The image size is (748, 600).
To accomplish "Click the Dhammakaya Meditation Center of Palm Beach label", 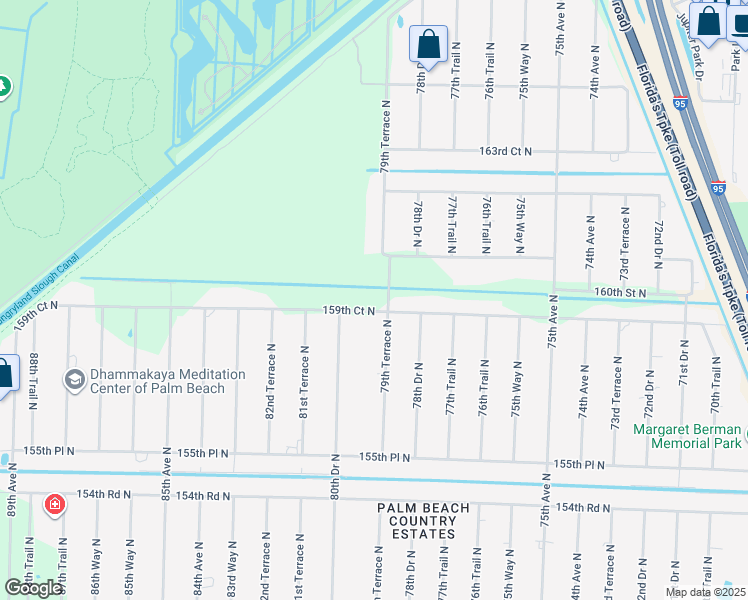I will (167, 381).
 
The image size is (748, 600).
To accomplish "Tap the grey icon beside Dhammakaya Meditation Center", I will (74, 380).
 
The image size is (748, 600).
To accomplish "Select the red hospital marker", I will (55, 504).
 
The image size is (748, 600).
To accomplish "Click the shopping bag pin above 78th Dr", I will (428, 46).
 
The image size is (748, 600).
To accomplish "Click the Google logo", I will (34, 587).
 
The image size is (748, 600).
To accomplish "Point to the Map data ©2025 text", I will (705, 592).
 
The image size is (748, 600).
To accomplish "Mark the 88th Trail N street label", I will (34, 381).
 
